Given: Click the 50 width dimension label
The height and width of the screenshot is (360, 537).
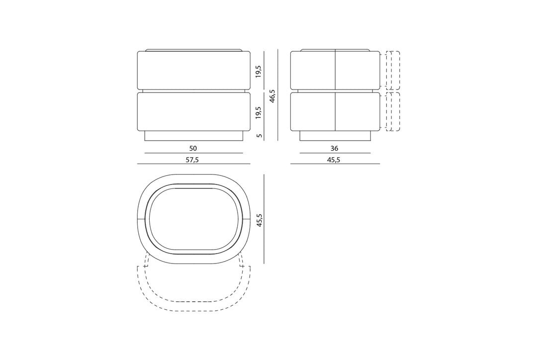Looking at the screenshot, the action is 193,148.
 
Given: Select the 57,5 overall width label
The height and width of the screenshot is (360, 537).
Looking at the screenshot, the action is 192,160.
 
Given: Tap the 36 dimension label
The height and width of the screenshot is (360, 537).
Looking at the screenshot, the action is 334,148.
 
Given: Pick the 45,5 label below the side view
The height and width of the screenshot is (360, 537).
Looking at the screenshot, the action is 334,160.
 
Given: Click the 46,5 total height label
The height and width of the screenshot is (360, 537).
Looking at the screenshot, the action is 272,96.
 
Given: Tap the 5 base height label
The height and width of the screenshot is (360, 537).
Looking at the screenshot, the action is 260,136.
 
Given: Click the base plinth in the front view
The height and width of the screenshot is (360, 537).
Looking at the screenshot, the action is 193,136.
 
